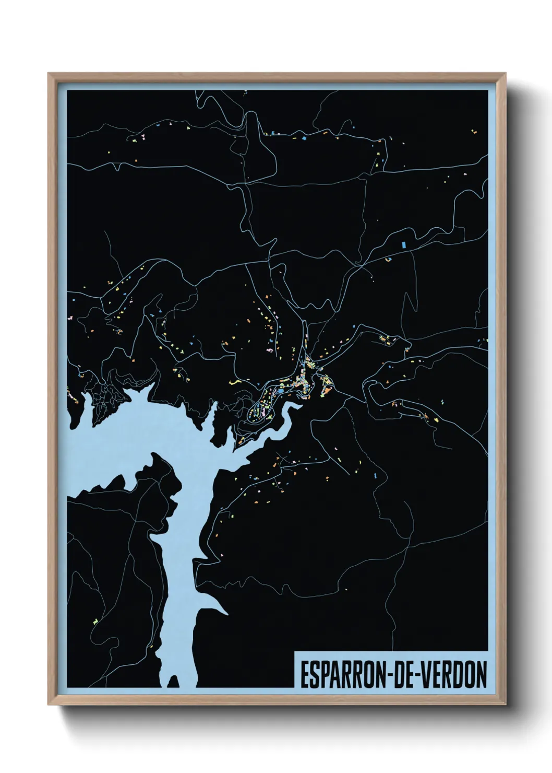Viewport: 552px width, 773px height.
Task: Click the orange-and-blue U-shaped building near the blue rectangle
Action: [x=388, y=259]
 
